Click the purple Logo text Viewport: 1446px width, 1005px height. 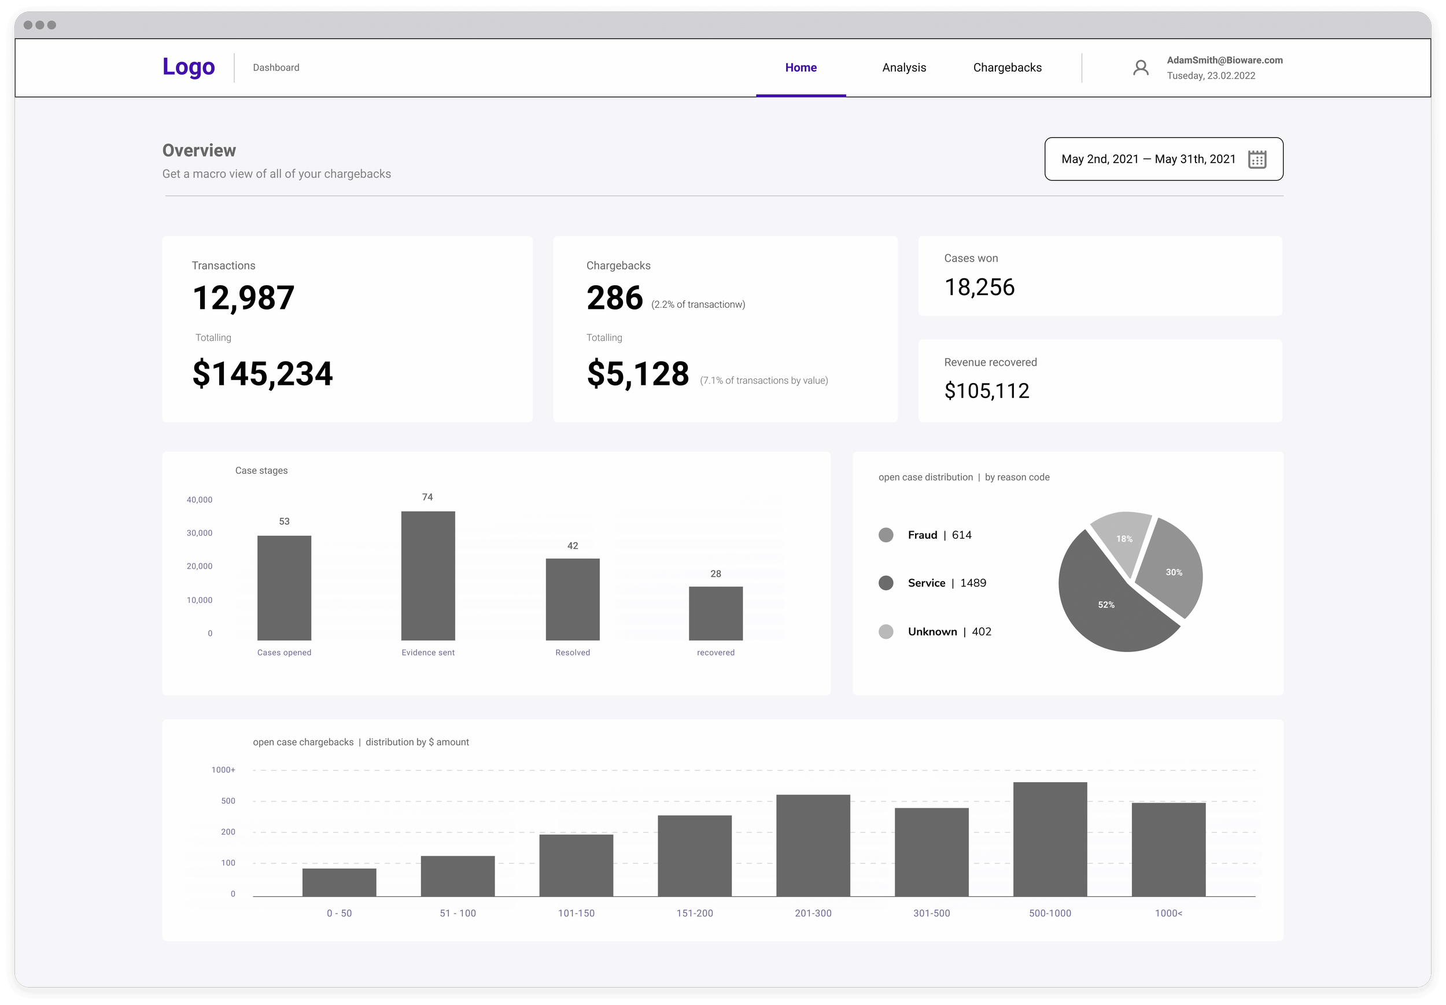click(x=188, y=67)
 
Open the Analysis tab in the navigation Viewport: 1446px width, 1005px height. click(x=903, y=67)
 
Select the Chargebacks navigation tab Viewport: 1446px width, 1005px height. click(x=1006, y=67)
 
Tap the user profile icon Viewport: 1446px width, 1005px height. click(x=1140, y=67)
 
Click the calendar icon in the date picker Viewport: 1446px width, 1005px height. click(x=1256, y=159)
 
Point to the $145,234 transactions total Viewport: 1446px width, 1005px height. click(x=262, y=373)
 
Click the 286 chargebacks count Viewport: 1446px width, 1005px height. click(x=614, y=298)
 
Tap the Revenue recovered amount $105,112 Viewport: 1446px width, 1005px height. click(x=986, y=391)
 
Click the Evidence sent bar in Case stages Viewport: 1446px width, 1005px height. click(x=428, y=576)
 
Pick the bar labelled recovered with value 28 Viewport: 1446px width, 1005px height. click(x=715, y=613)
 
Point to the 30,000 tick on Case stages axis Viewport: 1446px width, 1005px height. click(x=199, y=533)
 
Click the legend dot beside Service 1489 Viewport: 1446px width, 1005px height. click(x=885, y=583)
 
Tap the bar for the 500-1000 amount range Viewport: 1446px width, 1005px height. click(x=1049, y=839)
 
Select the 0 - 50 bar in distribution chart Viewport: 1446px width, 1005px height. click(x=339, y=882)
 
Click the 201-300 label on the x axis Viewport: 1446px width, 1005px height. click(x=813, y=913)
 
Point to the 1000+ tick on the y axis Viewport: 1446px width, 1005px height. click(x=223, y=770)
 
